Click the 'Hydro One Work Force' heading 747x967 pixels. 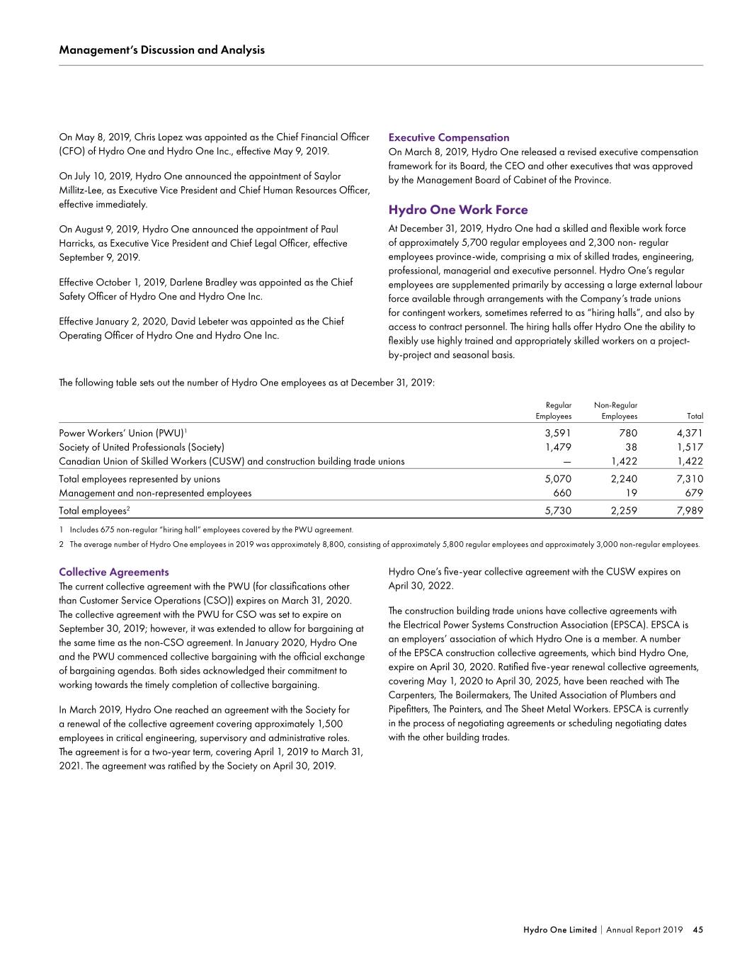click(x=458, y=210)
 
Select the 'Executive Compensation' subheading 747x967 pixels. click(x=449, y=137)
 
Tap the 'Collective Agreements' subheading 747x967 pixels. click(x=114, y=572)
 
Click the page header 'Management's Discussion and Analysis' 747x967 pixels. click(x=162, y=50)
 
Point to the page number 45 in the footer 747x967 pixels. click(x=697, y=929)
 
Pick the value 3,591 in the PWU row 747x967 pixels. click(x=557, y=433)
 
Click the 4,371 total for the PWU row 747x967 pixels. click(x=690, y=433)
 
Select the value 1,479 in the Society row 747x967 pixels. click(x=557, y=447)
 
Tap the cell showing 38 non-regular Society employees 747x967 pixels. click(x=631, y=447)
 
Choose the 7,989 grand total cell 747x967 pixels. click(x=690, y=510)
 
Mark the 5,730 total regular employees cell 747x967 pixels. click(x=557, y=510)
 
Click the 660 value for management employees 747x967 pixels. click(x=562, y=493)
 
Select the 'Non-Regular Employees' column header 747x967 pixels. click(x=615, y=410)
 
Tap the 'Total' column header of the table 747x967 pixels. click(x=695, y=416)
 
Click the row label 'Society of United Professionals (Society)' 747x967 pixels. click(x=142, y=447)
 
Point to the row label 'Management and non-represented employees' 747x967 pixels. click(x=155, y=493)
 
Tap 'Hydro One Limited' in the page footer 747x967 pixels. click(x=559, y=929)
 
